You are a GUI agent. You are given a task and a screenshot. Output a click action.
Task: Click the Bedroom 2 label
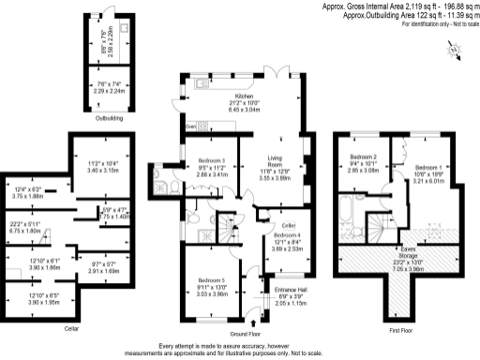(x=363, y=157)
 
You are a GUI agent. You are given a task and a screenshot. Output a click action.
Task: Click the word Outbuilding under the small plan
(x=108, y=118)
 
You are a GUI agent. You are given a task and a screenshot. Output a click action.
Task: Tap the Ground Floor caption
(x=245, y=333)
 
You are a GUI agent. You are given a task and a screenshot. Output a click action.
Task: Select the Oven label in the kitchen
(x=190, y=126)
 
